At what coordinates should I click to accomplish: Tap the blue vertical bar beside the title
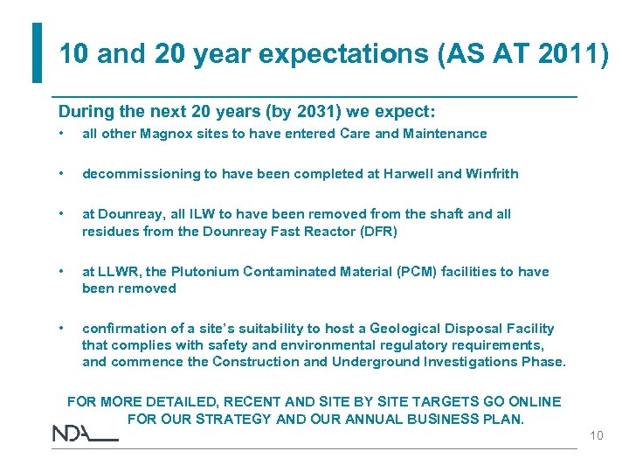point(37,52)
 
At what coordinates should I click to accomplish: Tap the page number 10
point(596,435)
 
